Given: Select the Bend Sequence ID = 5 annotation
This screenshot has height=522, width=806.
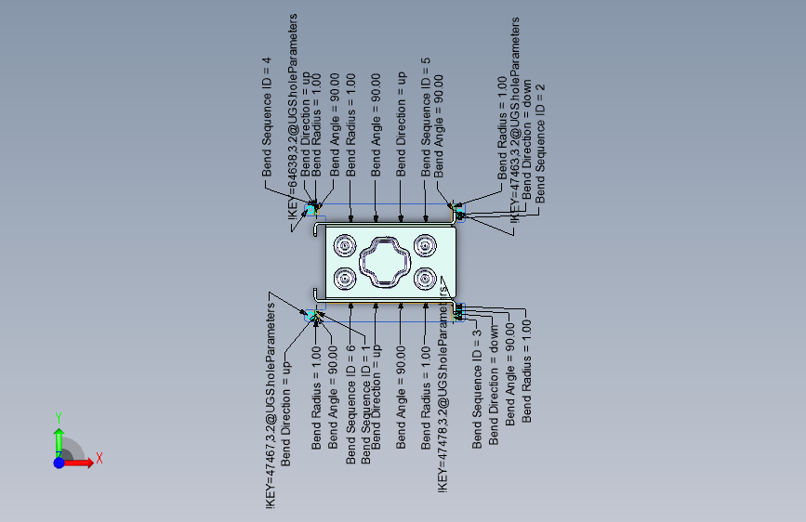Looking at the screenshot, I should click(426, 116).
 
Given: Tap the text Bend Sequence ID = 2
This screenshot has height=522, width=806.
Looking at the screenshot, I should click(540, 144).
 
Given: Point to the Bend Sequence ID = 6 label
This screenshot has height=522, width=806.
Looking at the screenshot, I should click(350, 404).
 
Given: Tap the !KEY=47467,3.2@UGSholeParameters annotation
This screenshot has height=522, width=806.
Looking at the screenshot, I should click(271, 404).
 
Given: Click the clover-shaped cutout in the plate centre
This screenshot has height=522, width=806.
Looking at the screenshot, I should click(386, 262).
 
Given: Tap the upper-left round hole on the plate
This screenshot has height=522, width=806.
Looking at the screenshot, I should click(345, 246).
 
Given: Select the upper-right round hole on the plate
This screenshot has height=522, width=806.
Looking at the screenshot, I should click(427, 246).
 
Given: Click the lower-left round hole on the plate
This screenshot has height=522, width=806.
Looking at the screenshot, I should click(345, 278).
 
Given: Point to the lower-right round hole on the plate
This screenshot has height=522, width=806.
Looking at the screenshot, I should click(427, 278).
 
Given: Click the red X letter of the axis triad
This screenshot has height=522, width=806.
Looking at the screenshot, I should click(99, 458).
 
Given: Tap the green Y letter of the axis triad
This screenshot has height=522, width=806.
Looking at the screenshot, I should click(58, 418).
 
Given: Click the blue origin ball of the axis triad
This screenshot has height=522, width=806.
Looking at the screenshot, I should click(59, 462).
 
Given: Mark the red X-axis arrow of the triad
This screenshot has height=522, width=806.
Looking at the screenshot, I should click(81, 462).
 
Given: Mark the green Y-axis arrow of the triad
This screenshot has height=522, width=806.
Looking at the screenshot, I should click(59, 439).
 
